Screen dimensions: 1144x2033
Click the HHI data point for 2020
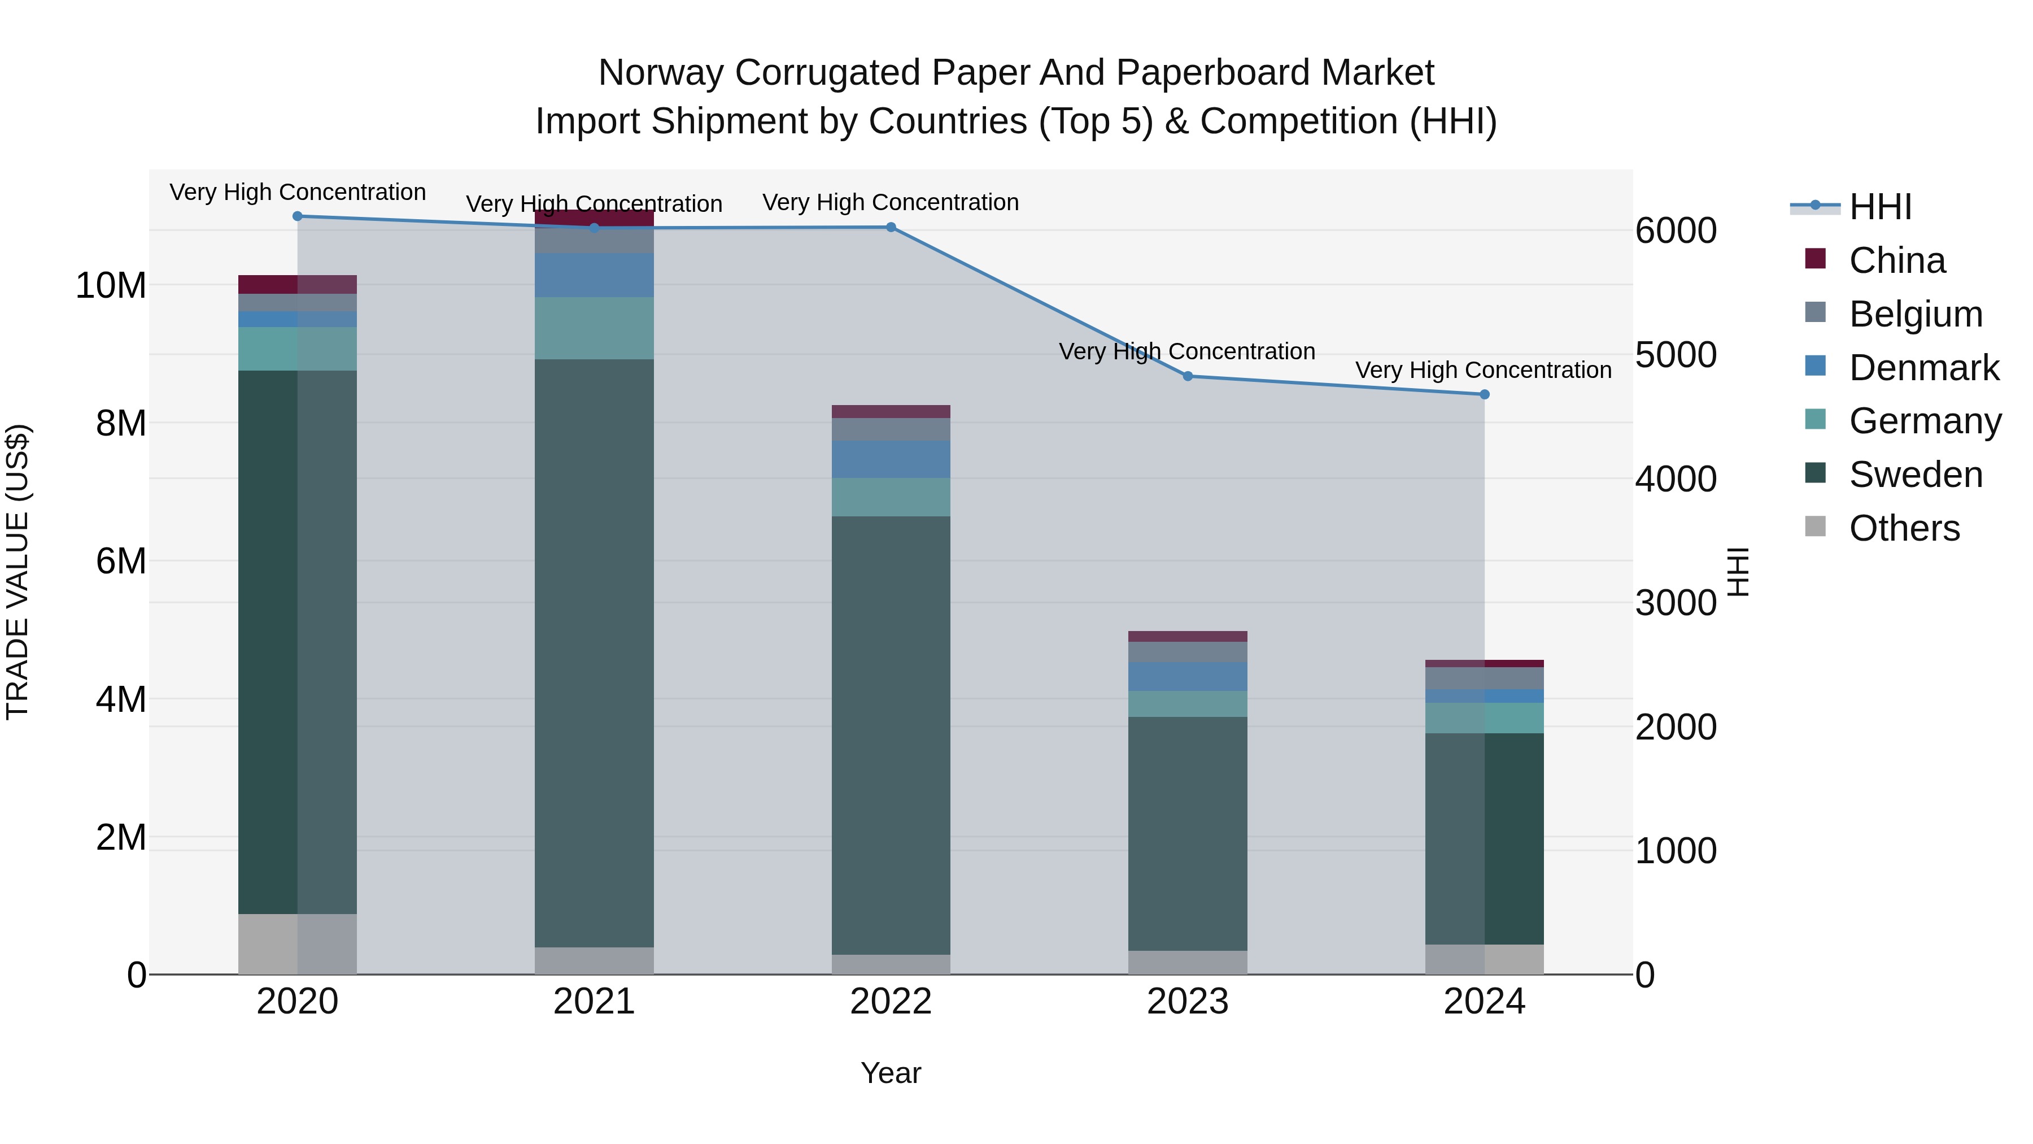(298, 216)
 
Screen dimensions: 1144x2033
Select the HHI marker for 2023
(1188, 377)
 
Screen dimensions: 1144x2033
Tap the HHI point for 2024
(1485, 395)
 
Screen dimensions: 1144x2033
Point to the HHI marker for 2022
(891, 227)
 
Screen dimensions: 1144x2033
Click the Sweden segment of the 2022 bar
(891, 734)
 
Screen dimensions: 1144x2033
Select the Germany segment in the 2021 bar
(594, 328)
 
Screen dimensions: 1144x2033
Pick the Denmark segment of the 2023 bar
(1188, 677)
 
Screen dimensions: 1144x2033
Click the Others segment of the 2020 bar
(298, 943)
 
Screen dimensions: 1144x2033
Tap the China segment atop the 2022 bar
(891, 411)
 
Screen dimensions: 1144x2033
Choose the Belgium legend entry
(1916, 314)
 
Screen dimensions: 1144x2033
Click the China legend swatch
(1815, 259)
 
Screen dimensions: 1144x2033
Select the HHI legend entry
(1880, 207)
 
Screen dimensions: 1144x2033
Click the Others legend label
(1904, 528)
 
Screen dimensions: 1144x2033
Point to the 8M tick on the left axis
(121, 424)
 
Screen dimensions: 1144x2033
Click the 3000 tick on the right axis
(1676, 603)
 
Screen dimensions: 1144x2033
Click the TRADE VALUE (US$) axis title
(18, 572)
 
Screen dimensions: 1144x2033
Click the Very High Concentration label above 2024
(1483, 370)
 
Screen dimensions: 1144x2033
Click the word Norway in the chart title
(661, 73)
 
